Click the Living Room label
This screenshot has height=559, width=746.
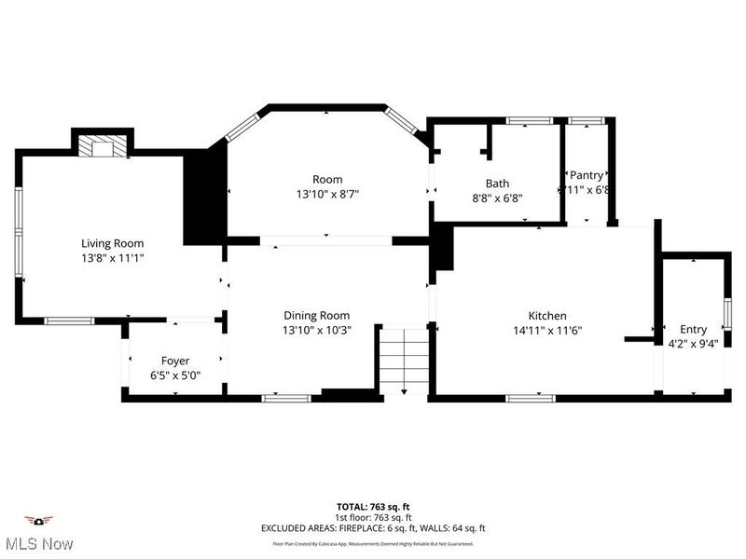click(x=112, y=242)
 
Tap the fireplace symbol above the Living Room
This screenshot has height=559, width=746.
click(x=101, y=147)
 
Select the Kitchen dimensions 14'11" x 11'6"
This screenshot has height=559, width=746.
click(x=546, y=330)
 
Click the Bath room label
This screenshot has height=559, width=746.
click(x=497, y=184)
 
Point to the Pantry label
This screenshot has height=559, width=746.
click(x=587, y=175)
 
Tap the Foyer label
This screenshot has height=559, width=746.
click(x=175, y=361)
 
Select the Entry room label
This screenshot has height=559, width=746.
click(x=693, y=329)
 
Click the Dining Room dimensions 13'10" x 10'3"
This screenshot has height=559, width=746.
click(x=316, y=330)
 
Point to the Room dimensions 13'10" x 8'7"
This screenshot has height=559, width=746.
click(x=327, y=194)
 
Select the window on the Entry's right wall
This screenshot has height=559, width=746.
click(x=727, y=310)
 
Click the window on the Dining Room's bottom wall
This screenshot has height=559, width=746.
click(x=285, y=398)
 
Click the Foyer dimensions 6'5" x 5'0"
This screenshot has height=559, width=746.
click(x=175, y=375)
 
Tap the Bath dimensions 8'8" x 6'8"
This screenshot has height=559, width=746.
click(x=497, y=198)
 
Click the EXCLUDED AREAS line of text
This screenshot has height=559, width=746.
click(x=372, y=528)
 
